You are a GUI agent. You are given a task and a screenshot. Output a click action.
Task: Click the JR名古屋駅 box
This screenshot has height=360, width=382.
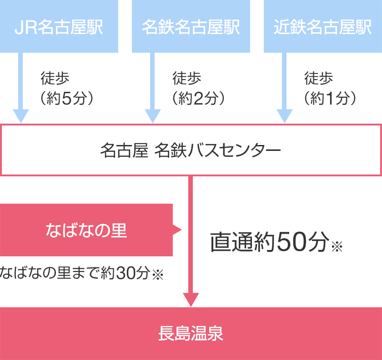pyautogui.click(x=59, y=26)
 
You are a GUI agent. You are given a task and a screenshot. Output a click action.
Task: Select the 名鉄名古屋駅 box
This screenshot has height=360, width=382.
pyautogui.click(x=191, y=26)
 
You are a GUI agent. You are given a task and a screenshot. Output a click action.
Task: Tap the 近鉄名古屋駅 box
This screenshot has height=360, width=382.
pyautogui.click(x=323, y=26)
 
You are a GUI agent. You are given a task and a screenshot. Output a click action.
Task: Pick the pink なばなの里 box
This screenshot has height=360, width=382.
pyautogui.click(x=86, y=230)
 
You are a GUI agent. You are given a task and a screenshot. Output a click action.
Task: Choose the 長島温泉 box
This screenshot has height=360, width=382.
pyautogui.click(x=191, y=334)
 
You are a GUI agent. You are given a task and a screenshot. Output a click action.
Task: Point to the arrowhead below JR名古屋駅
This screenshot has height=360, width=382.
pyautogui.click(x=21, y=116)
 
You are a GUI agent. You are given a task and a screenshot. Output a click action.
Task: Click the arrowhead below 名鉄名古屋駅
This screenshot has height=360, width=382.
pyautogui.click(x=153, y=116)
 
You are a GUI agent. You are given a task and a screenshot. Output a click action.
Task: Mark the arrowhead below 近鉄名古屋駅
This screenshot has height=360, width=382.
pyautogui.click(x=285, y=116)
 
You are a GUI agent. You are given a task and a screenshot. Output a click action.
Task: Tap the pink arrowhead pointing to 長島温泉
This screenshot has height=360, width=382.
pyautogui.click(x=191, y=300)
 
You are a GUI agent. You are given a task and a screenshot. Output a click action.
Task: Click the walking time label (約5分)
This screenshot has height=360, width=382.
pyautogui.click(x=67, y=98)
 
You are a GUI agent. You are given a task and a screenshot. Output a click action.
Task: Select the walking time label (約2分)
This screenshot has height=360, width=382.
pyautogui.click(x=199, y=98)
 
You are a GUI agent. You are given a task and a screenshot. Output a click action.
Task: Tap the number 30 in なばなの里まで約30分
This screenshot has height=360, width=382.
pyautogui.click(x=126, y=273)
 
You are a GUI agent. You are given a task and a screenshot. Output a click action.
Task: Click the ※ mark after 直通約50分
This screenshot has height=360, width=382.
pyautogui.click(x=337, y=246)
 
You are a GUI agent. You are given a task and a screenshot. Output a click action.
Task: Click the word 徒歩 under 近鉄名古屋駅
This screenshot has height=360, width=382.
pyautogui.click(x=319, y=78)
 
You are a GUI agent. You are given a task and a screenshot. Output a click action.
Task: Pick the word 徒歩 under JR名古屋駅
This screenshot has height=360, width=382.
pyautogui.click(x=55, y=78)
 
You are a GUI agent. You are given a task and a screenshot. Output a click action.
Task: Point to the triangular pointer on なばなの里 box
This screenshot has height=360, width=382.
pyautogui.click(x=177, y=230)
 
